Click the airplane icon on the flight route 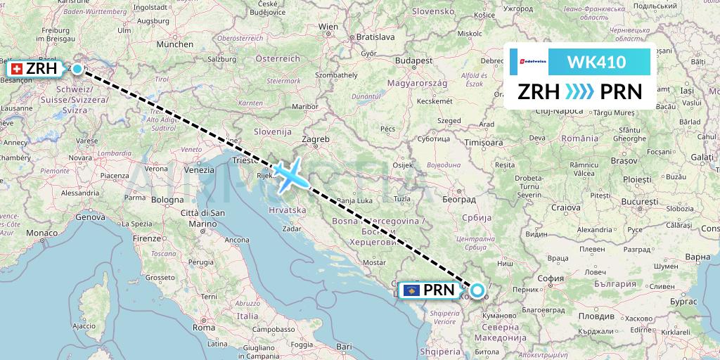pyautogui.click(x=289, y=174)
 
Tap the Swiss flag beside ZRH pyautogui.click(x=16, y=69)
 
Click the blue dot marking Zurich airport pyautogui.click(x=77, y=69)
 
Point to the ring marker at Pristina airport pyautogui.click(x=477, y=290)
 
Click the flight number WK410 pyautogui.click(x=596, y=63)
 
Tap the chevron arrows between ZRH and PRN pyautogui.click(x=580, y=92)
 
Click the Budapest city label pyautogui.click(x=413, y=61)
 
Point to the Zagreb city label pyautogui.click(x=316, y=140)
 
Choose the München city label pyautogui.click(x=174, y=44)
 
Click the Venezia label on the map pyautogui.click(x=199, y=170)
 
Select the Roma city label pyautogui.click(x=204, y=327)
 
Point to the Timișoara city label pyautogui.click(x=483, y=142)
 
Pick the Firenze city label pyautogui.click(x=146, y=238)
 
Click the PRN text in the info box pyautogui.click(x=621, y=92)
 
